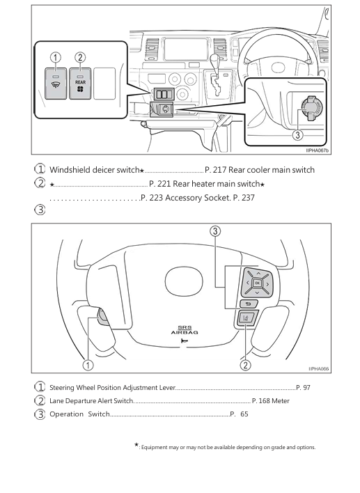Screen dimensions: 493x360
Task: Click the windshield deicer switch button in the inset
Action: [56, 84]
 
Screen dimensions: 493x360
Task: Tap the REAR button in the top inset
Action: [80, 84]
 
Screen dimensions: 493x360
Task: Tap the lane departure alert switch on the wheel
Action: [246, 318]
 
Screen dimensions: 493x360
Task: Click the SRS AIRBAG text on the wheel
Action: [185, 330]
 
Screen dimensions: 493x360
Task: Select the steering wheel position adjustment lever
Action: [103, 318]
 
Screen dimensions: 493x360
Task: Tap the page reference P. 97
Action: [303, 387]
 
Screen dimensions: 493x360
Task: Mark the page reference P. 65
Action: [239, 414]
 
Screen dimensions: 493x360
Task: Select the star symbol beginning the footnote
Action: [136, 444]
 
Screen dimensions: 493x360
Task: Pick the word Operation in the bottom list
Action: [66, 414]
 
